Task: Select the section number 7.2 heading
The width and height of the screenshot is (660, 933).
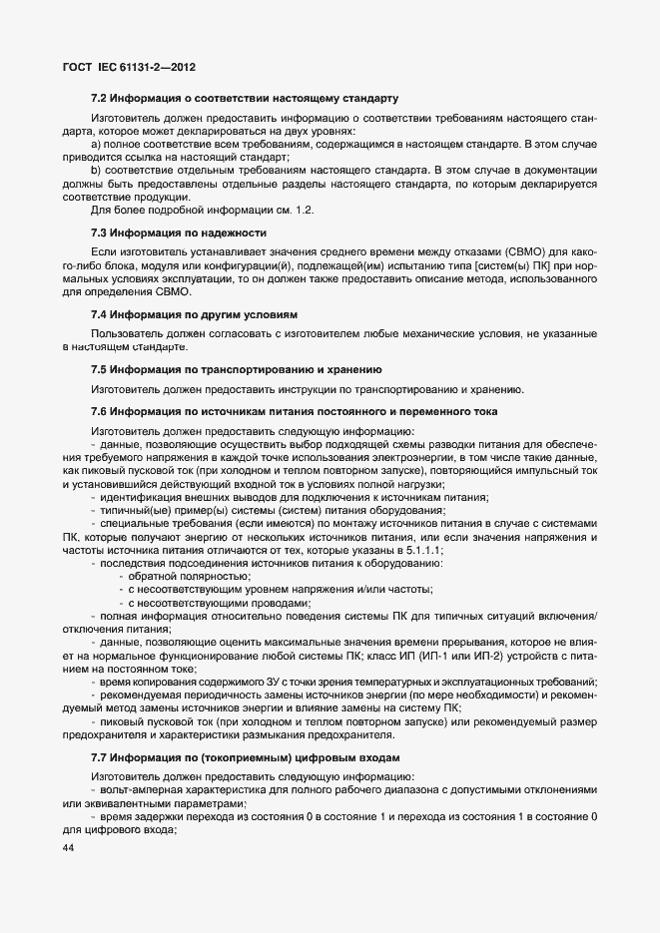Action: point(99,99)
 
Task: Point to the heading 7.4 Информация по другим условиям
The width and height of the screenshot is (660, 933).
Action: point(195,313)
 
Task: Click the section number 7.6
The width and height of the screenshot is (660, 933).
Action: point(99,412)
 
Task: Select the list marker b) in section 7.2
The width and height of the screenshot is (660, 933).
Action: point(96,171)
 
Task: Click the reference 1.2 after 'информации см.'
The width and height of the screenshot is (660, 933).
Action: point(308,210)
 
